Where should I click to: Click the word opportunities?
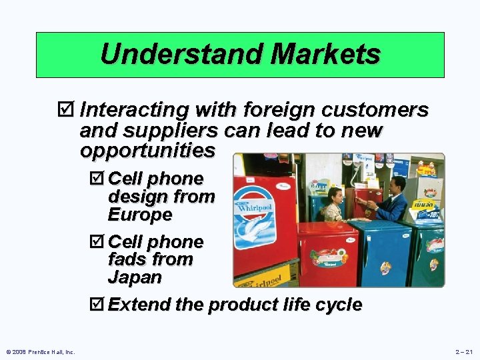[147, 151]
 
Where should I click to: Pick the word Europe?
[140, 215]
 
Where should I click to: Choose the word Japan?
[135, 277]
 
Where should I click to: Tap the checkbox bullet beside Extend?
[96, 305]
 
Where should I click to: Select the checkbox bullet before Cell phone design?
[96, 179]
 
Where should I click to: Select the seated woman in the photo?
[333, 206]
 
